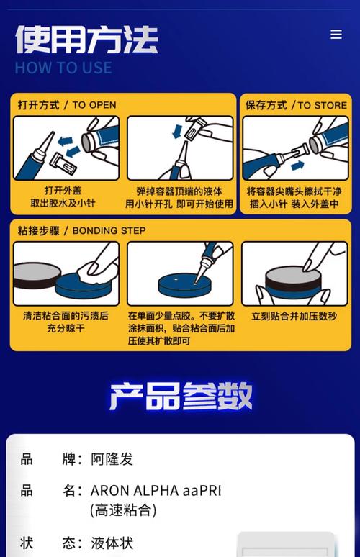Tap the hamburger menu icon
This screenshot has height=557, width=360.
[336, 35]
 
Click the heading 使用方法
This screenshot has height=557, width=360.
[86, 40]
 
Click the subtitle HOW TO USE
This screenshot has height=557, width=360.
[63, 68]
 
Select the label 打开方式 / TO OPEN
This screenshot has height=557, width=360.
[67, 105]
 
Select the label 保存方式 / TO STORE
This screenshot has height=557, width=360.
[296, 105]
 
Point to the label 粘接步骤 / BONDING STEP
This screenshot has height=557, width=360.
[81, 230]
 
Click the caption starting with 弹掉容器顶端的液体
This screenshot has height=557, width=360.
[179, 197]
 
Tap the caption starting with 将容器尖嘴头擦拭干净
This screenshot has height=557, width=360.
[295, 197]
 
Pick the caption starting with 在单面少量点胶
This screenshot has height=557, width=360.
[181, 327]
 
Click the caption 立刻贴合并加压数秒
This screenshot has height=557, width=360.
[294, 316]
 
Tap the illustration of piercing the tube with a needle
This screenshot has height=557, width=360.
[180, 148]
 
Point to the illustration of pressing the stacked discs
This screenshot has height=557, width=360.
[294, 273]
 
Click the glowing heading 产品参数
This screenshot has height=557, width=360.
[181, 396]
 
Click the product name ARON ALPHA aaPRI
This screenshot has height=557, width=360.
[156, 491]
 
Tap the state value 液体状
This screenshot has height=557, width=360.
[112, 543]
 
